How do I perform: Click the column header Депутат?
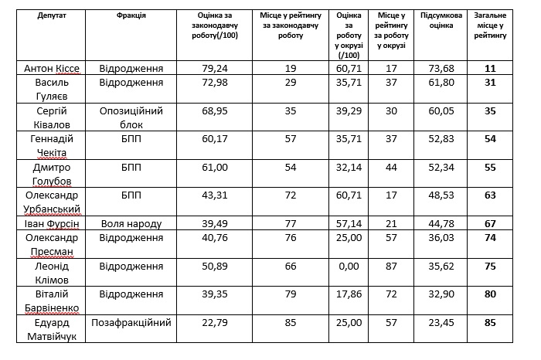coord(52,15)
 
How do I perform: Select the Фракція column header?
coord(131,15)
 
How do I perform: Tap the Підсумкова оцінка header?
coord(441,20)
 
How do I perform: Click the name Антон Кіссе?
coord(52,68)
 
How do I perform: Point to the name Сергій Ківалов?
coord(52,117)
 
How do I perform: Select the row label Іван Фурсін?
coord(52,224)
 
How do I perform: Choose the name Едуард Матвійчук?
coord(52,329)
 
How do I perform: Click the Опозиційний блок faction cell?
coord(131,117)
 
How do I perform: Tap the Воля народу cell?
coord(131,224)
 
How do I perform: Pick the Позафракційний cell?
coord(131,323)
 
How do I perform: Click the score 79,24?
coord(215,68)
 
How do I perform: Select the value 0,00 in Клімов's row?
coord(349,267)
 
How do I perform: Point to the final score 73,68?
coord(441,68)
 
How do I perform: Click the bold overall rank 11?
coord(490,68)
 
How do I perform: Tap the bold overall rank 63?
coord(490,195)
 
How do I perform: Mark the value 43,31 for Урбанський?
coord(215,195)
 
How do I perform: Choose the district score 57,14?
coord(349,224)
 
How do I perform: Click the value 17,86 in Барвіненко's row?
coord(349,294)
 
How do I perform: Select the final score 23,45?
coord(441,323)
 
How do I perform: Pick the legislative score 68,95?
coord(215,111)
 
